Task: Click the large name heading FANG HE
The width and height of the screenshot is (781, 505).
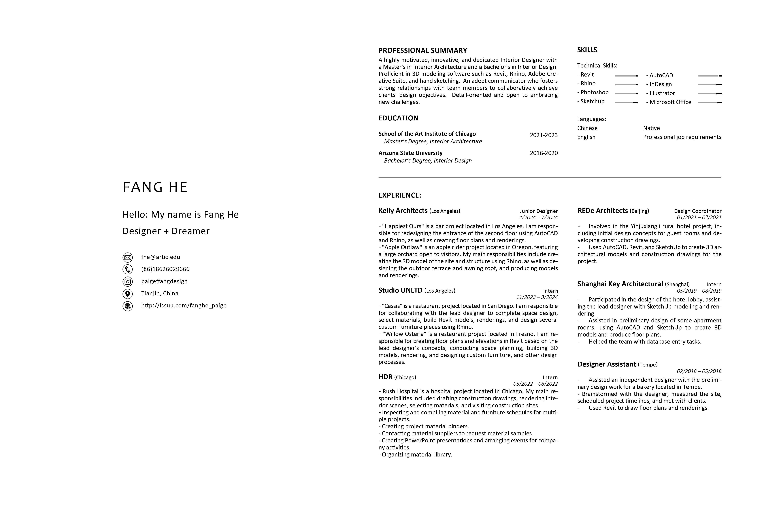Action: (155, 187)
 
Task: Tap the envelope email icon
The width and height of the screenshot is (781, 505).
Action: (128, 257)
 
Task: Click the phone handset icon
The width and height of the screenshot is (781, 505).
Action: (128, 269)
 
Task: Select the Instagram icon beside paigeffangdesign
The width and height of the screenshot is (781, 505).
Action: (128, 282)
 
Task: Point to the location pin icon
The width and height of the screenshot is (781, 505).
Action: (128, 294)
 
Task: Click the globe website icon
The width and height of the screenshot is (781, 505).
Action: (128, 306)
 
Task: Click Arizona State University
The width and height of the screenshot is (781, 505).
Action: (410, 153)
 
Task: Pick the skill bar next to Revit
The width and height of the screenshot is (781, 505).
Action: (626, 76)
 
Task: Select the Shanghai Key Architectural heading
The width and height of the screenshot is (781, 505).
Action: (620, 284)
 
